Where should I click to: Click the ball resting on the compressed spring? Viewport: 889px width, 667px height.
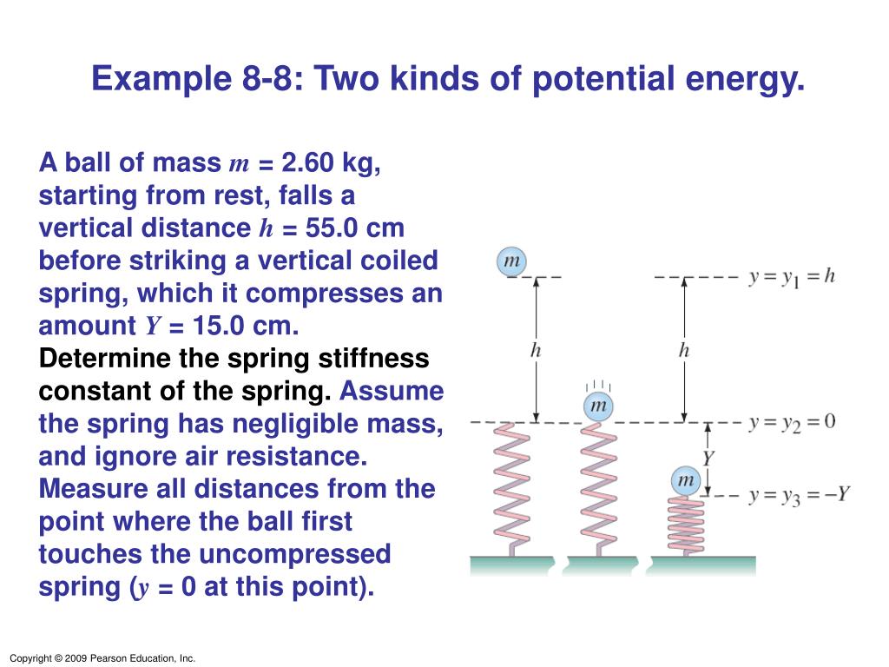point(686,480)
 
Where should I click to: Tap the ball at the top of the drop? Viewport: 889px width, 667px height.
point(511,261)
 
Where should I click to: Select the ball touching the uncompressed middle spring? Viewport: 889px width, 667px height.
point(599,406)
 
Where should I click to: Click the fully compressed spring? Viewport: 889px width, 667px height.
point(686,525)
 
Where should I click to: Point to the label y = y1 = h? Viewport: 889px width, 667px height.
point(792,277)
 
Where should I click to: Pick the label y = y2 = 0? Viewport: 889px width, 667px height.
point(792,423)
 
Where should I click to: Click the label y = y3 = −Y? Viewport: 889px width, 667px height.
point(799,496)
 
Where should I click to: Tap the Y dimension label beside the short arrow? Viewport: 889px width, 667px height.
point(708,458)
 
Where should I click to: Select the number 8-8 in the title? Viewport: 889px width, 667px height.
point(266,78)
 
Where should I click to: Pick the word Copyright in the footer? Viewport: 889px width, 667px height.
point(30,658)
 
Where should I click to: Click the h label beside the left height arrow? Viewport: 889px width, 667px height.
point(536,351)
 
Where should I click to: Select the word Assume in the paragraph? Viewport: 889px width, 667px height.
point(392,392)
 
